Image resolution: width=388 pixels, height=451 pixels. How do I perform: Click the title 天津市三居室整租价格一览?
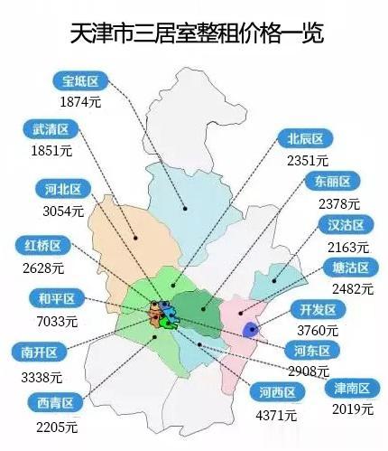(195, 33)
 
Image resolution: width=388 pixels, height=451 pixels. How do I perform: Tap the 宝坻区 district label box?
(79, 82)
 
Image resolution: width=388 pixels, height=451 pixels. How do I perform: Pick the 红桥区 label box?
(43, 245)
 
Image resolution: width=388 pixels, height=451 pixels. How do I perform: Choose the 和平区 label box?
(43, 297)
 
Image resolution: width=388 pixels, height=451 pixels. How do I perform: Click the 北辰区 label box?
(305, 139)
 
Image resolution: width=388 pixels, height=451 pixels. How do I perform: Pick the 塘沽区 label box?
(346, 268)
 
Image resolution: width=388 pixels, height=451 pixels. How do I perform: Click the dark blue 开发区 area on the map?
(251, 330)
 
